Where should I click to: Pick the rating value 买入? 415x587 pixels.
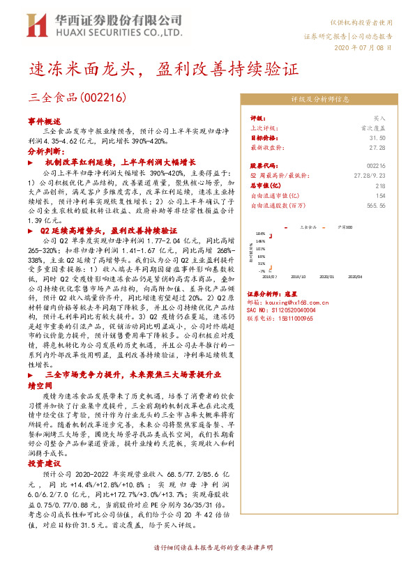pos(379,119)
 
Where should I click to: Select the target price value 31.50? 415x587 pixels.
pos(377,138)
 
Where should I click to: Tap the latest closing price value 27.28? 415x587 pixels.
pos(377,148)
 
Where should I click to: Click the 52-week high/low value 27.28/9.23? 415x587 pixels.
pos(370,176)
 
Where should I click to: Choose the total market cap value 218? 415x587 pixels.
pos(380,186)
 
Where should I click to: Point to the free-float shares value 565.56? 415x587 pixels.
pos(375,206)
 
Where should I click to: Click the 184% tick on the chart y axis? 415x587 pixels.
pos(260,233)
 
